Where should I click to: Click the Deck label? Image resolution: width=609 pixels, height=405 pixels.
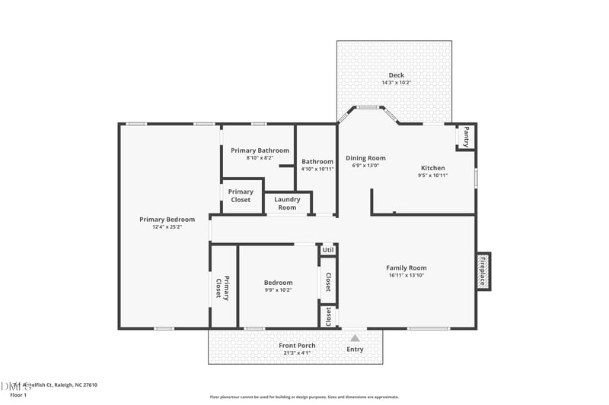[x=396, y=74]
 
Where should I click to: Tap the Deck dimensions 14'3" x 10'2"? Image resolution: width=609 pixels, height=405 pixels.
[x=396, y=83]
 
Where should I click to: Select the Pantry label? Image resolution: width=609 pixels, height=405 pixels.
[x=466, y=137]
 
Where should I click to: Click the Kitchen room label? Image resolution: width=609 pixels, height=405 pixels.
[x=432, y=168]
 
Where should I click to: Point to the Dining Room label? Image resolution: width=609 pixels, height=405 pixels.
[x=365, y=158]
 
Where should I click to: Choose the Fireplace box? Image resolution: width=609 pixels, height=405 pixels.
[x=483, y=271]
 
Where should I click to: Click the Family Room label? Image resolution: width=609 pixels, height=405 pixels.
[x=406, y=267]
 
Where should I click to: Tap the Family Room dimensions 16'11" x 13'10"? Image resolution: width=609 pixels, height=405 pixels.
[x=406, y=276]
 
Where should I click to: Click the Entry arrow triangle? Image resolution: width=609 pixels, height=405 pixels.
[x=355, y=337]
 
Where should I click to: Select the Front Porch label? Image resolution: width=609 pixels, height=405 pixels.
[x=297, y=346]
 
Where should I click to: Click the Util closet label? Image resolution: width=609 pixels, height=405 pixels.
[x=328, y=250]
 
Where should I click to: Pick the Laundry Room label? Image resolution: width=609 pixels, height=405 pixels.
[x=287, y=204]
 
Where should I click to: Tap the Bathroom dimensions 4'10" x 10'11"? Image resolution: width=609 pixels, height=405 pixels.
[x=317, y=169]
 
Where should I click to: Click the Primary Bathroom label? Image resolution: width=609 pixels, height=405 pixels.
[x=260, y=150]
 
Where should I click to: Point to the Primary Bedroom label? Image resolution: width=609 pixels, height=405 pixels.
[x=167, y=219]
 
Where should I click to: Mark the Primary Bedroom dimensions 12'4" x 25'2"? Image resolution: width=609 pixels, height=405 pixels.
[x=167, y=227]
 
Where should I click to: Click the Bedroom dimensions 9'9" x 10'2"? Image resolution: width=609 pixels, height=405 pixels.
[x=278, y=290]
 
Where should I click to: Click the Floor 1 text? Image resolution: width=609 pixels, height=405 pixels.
[x=18, y=395]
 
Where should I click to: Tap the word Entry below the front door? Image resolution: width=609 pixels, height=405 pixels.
[x=355, y=350]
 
